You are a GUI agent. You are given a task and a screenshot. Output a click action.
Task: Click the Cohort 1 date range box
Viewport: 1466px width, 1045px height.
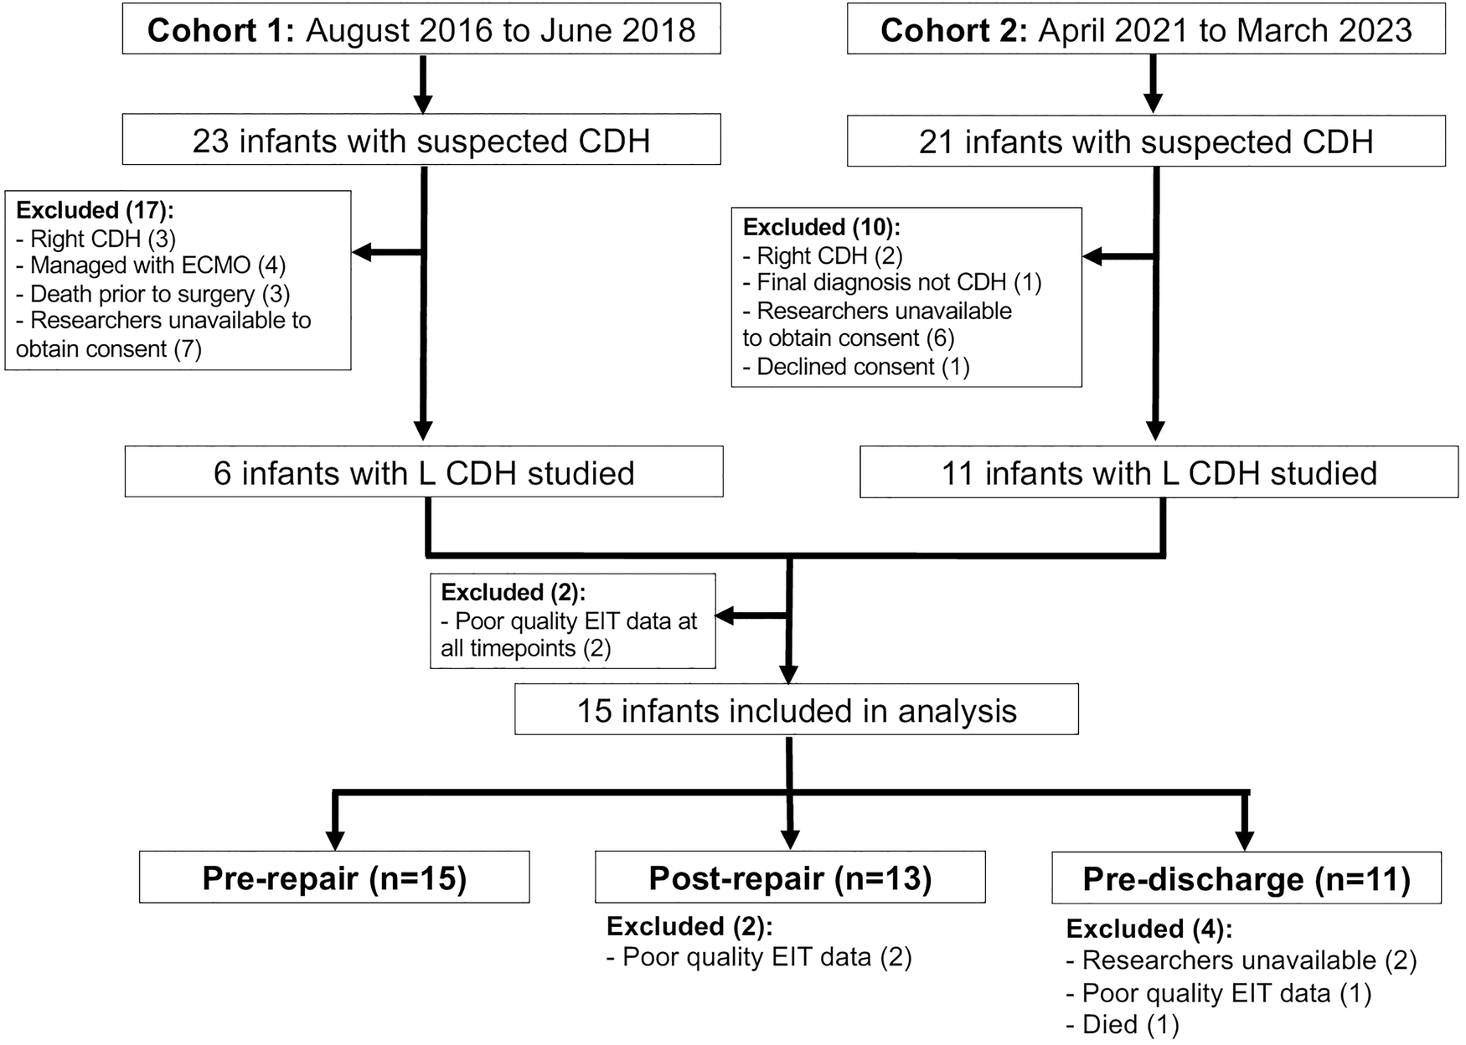tap(421, 30)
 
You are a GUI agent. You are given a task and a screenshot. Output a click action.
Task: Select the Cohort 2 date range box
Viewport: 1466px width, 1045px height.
tap(1146, 30)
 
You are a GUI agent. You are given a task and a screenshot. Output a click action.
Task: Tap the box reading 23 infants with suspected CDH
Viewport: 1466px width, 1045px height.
tap(421, 140)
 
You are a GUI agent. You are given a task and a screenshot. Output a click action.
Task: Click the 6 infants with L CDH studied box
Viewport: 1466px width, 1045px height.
tap(424, 472)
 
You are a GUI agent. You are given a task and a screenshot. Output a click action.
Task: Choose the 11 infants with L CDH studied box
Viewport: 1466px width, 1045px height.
tap(1159, 472)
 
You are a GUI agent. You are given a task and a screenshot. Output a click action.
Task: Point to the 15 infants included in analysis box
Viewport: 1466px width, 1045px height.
tap(796, 710)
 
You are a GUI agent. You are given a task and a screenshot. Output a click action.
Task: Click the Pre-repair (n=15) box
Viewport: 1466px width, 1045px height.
tap(334, 878)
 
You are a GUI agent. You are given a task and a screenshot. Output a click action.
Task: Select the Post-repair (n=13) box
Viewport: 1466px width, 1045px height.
tap(790, 878)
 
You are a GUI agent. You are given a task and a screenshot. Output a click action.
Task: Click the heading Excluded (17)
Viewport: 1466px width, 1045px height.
tap(95, 210)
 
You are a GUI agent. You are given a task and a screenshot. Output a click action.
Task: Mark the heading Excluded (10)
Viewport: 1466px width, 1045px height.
tap(821, 227)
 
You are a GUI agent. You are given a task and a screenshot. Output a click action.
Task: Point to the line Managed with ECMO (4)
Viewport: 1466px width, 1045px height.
tap(151, 265)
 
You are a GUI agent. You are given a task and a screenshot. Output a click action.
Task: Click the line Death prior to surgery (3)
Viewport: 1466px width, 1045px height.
tap(152, 294)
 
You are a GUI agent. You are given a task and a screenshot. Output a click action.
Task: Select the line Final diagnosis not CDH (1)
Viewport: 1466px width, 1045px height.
tap(892, 282)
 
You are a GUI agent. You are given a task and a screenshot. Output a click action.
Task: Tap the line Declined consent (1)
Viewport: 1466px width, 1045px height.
tap(855, 366)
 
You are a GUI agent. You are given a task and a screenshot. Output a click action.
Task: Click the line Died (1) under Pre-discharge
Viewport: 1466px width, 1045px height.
tap(1123, 1024)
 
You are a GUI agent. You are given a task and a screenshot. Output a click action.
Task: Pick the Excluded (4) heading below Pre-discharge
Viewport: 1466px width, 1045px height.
tap(1149, 929)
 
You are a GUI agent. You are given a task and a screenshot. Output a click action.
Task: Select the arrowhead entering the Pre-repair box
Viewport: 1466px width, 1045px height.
tap(335, 840)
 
